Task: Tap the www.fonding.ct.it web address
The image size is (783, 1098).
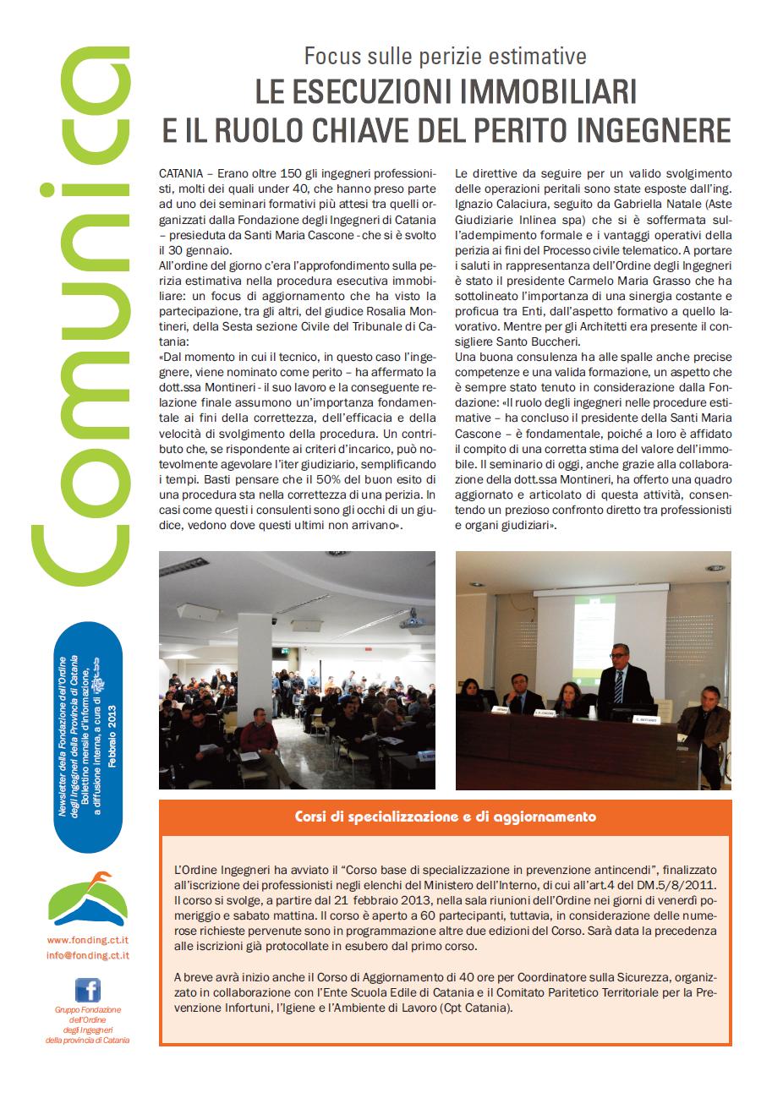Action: [x=87, y=939]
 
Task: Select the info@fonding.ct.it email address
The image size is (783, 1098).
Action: [x=87, y=954]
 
